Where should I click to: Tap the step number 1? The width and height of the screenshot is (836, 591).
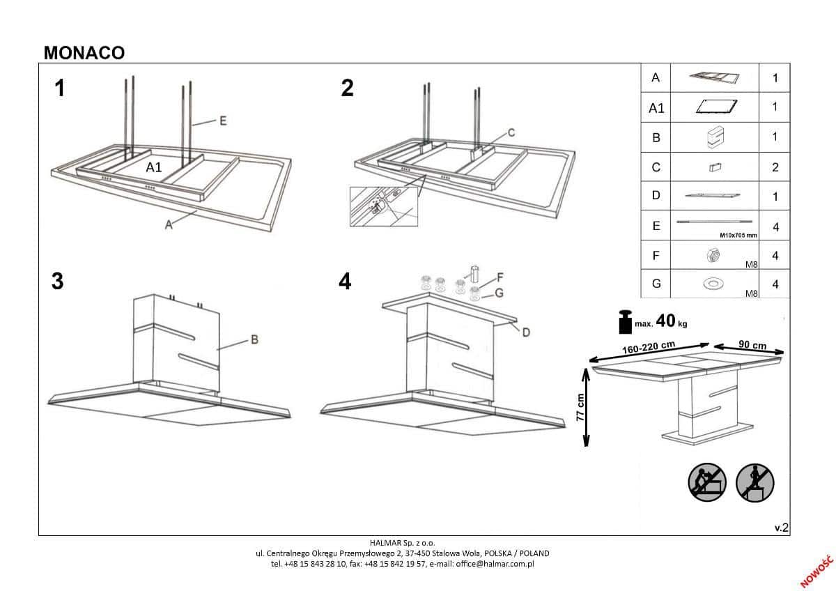coord(60,89)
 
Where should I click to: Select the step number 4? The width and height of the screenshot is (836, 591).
coord(345,282)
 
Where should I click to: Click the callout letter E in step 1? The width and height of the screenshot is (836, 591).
coord(223,121)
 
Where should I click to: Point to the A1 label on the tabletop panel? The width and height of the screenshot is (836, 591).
coord(154,167)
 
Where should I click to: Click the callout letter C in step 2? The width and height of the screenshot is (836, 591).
coord(510,132)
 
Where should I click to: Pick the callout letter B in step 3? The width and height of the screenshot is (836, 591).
coord(254,340)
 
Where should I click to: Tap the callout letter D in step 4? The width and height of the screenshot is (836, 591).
coord(526,332)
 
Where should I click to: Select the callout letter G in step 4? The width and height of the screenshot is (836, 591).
coord(499,293)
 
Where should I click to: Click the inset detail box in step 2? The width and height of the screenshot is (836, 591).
coord(384,206)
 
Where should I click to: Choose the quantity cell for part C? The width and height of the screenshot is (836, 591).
coord(775,167)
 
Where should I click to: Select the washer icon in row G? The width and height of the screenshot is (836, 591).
coord(713,284)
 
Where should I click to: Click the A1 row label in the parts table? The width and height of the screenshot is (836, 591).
coord(656,108)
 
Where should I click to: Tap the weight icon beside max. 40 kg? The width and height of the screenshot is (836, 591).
coord(624,322)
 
